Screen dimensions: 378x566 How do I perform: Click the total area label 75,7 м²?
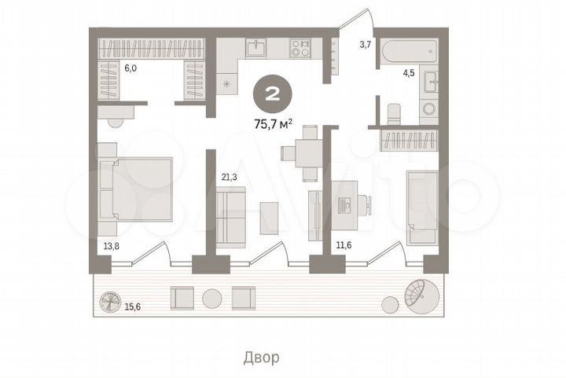[x=271, y=123]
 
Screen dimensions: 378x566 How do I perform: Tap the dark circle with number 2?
[x=271, y=95]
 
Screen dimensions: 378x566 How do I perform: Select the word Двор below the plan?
[x=260, y=357]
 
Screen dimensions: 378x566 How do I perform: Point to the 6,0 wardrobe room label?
[x=130, y=68]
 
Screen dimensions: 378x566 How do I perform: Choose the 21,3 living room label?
[x=229, y=178]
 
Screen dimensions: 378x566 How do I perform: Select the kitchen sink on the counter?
[x=256, y=49]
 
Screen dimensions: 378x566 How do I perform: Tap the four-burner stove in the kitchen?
[x=300, y=49]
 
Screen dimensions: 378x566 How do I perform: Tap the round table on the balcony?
[x=211, y=298]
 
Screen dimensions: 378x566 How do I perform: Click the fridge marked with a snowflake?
[x=229, y=83]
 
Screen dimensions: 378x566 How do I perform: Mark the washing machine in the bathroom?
[x=429, y=108]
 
